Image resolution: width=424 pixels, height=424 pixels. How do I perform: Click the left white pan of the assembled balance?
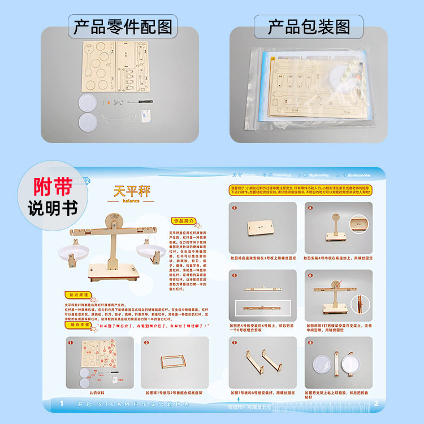77,252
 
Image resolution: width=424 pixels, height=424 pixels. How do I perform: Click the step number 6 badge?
310,275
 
